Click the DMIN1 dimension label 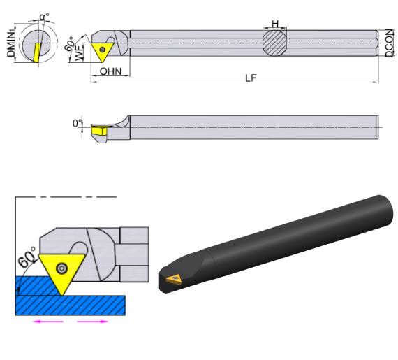pyautogui.click(x=10, y=43)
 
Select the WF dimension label pyautogui.click(x=80, y=53)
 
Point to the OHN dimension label pyautogui.click(x=110, y=71)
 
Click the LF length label pyautogui.click(x=251, y=78)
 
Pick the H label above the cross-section pyautogui.click(x=275, y=24)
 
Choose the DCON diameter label pyautogui.click(x=390, y=43)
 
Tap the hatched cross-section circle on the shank pyautogui.click(x=274, y=43)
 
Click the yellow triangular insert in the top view pyautogui.click(x=102, y=51)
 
